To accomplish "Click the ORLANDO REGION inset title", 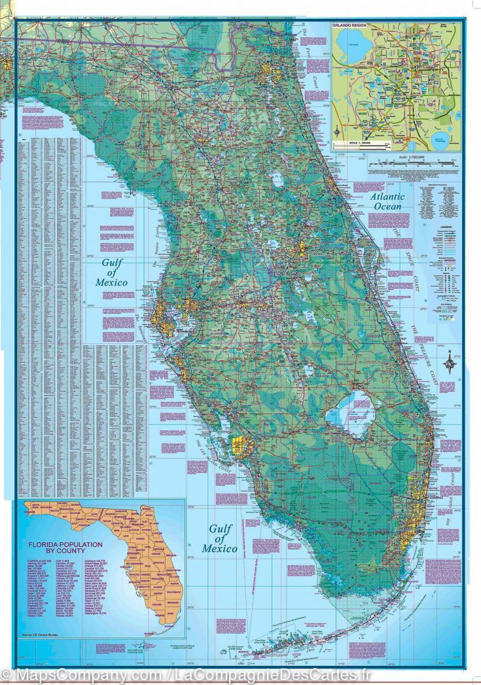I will coord(350,27).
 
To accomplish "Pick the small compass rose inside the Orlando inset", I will coord(339,133).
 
